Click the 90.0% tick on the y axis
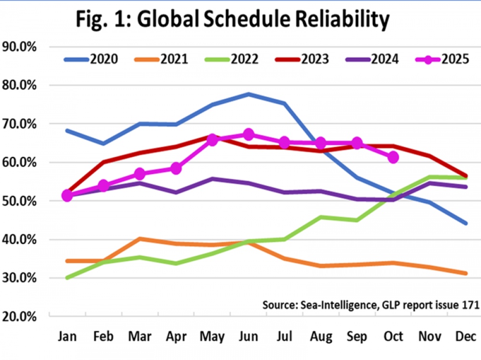click(x=20, y=47)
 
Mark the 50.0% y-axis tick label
click(x=20, y=201)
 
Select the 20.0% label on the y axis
click(x=20, y=316)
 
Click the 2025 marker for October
click(x=393, y=157)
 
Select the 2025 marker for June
click(x=248, y=134)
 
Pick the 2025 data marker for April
click(x=176, y=168)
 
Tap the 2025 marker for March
click(x=139, y=173)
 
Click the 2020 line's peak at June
click(x=248, y=94)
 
